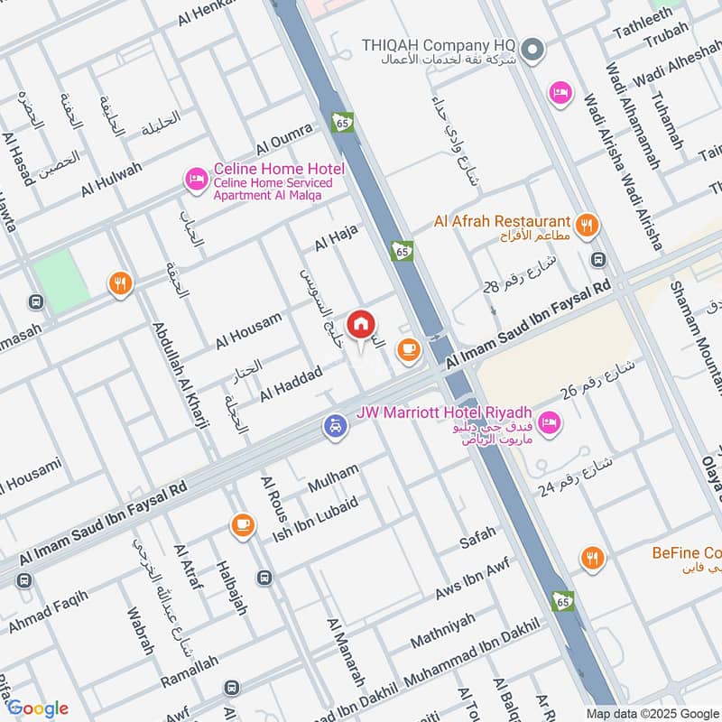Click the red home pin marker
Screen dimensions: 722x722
361,325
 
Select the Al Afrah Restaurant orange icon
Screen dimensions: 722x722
587,226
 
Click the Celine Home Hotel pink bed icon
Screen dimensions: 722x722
195,178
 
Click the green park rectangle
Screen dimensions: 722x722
61,282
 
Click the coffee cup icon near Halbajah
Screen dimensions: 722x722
241,524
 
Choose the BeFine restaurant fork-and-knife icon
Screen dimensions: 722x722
592,560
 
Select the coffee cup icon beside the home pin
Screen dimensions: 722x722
409,348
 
